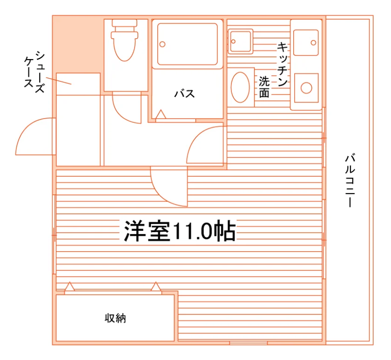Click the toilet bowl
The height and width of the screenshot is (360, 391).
pos(124,47)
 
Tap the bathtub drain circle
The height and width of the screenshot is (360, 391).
pos(162,44)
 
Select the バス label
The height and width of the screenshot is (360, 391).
pos(184,94)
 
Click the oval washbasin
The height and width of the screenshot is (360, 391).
pos(240,87)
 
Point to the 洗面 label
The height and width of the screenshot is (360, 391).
pos(264,87)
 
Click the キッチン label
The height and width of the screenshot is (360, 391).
pos(283,64)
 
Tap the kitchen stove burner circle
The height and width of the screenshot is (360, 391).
pos(306,88)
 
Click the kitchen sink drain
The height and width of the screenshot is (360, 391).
pos(313,43)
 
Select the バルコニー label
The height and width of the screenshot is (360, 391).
pos(350,180)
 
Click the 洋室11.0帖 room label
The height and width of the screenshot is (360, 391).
pos(180,231)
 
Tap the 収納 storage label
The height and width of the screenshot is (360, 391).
pos(115,318)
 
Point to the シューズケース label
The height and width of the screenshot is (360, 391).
pos(34,72)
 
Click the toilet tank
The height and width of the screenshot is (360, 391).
pos(124,23)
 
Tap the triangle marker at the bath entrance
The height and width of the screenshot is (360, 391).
pos(161,114)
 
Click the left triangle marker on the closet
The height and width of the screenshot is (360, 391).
pos(69,287)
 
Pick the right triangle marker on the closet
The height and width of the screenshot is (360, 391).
pos(156,287)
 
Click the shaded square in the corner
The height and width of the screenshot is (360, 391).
pos(78,44)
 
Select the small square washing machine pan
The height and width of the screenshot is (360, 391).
pos(240,41)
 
